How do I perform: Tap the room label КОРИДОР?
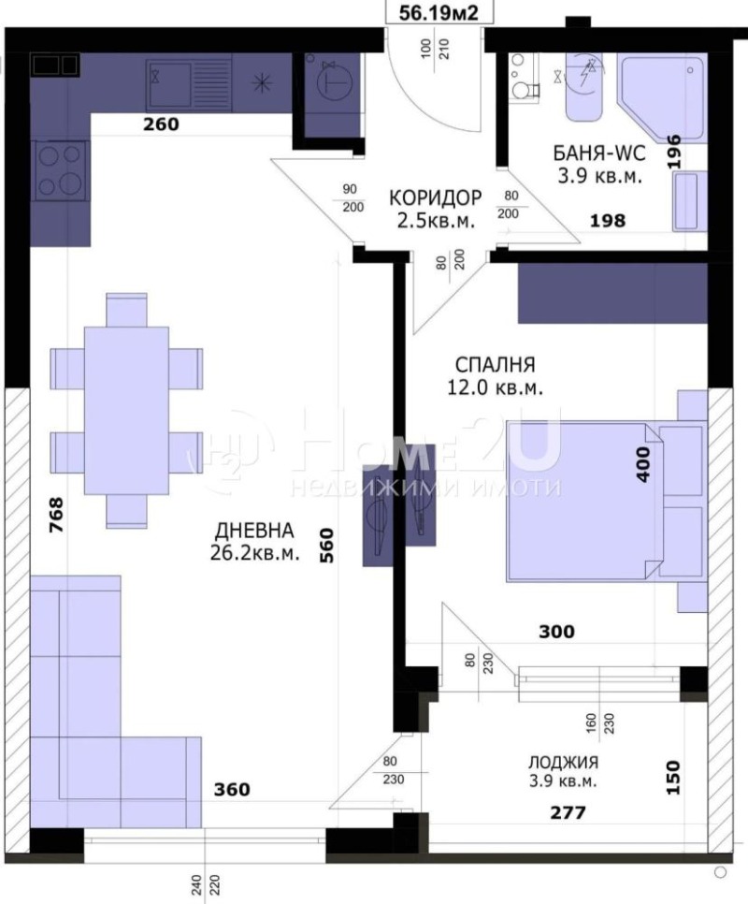436,198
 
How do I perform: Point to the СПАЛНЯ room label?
496,365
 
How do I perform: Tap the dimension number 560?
326,544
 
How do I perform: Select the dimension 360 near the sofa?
231,790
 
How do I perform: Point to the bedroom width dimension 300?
556,632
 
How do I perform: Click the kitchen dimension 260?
160,123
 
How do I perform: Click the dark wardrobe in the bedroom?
612,292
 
